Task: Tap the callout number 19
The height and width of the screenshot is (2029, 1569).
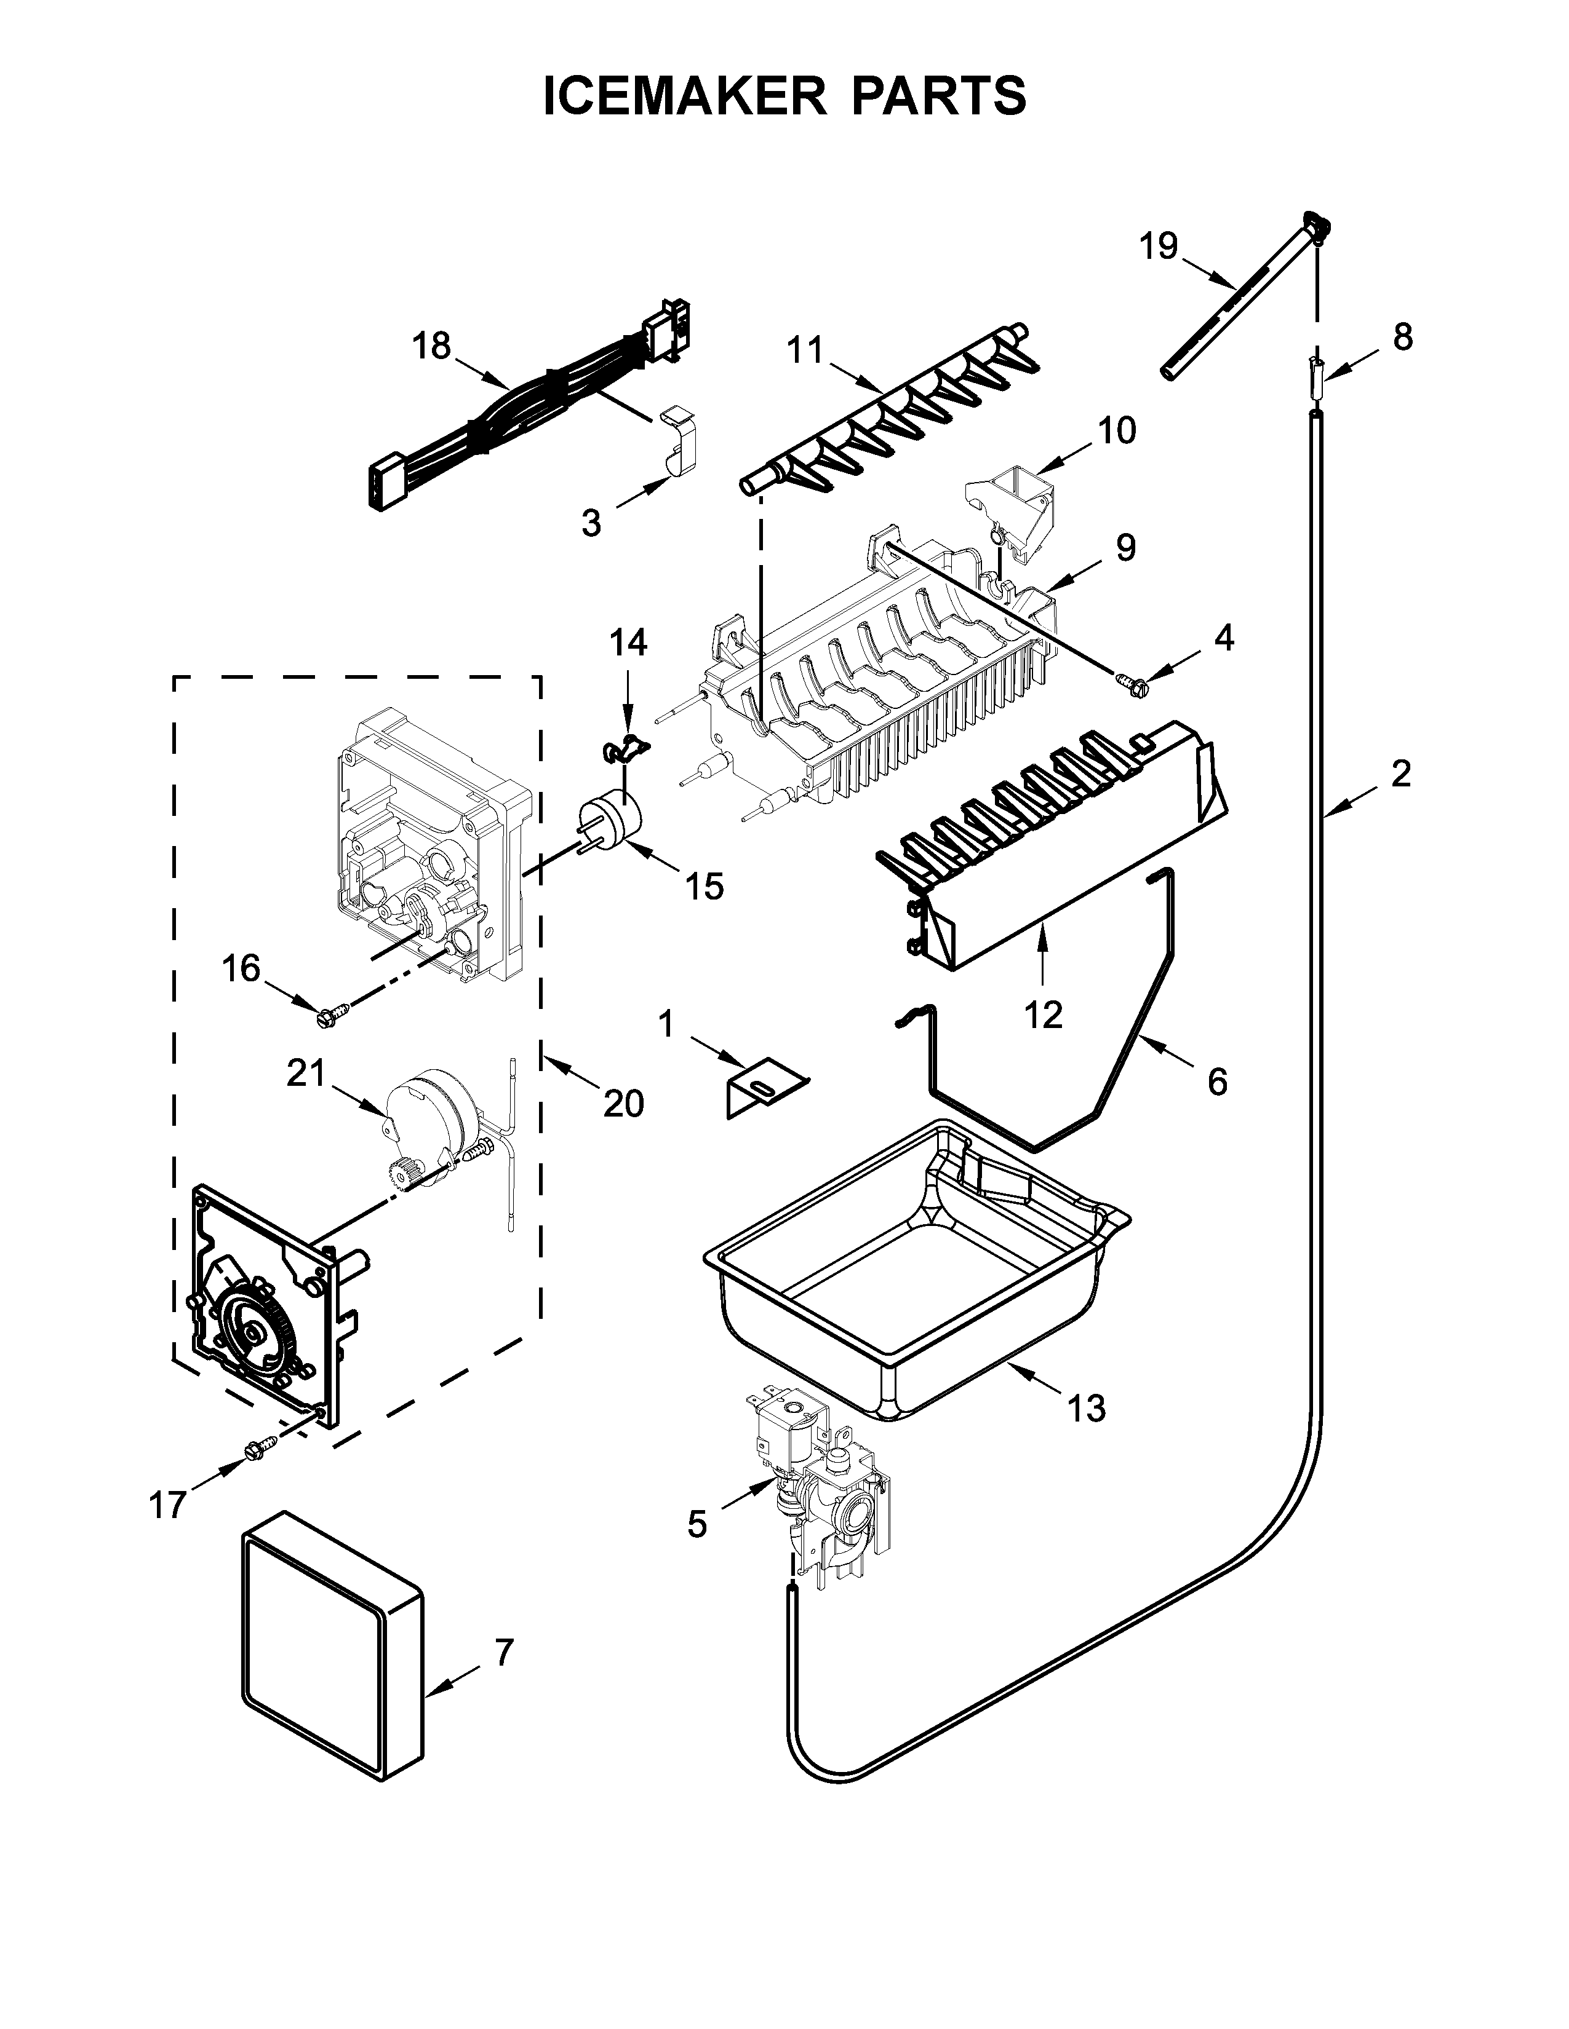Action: (1159, 247)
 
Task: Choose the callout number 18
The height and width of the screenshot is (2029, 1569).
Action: (431, 346)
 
